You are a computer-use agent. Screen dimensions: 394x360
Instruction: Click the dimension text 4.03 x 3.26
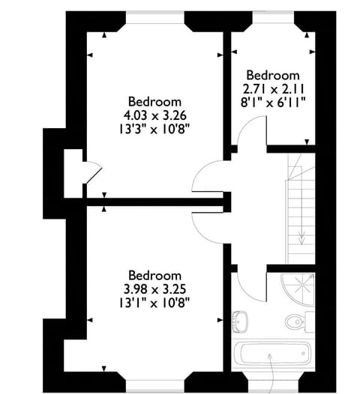click(155, 115)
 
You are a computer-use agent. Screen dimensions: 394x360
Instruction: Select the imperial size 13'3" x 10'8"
click(155, 128)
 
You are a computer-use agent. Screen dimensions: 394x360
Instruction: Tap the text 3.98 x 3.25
click(155, 289)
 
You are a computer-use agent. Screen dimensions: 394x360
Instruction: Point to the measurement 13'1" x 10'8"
click(155, 302)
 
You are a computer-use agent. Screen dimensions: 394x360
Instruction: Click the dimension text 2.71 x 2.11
click(274, 88)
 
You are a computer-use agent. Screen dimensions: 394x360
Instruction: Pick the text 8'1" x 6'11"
click(274, 102)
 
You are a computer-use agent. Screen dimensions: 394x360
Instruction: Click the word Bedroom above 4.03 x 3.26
click(155, 102)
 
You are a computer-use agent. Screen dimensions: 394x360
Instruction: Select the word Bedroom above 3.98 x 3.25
click(155, 276)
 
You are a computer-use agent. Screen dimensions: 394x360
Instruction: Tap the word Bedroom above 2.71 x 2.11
click(274, 75)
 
